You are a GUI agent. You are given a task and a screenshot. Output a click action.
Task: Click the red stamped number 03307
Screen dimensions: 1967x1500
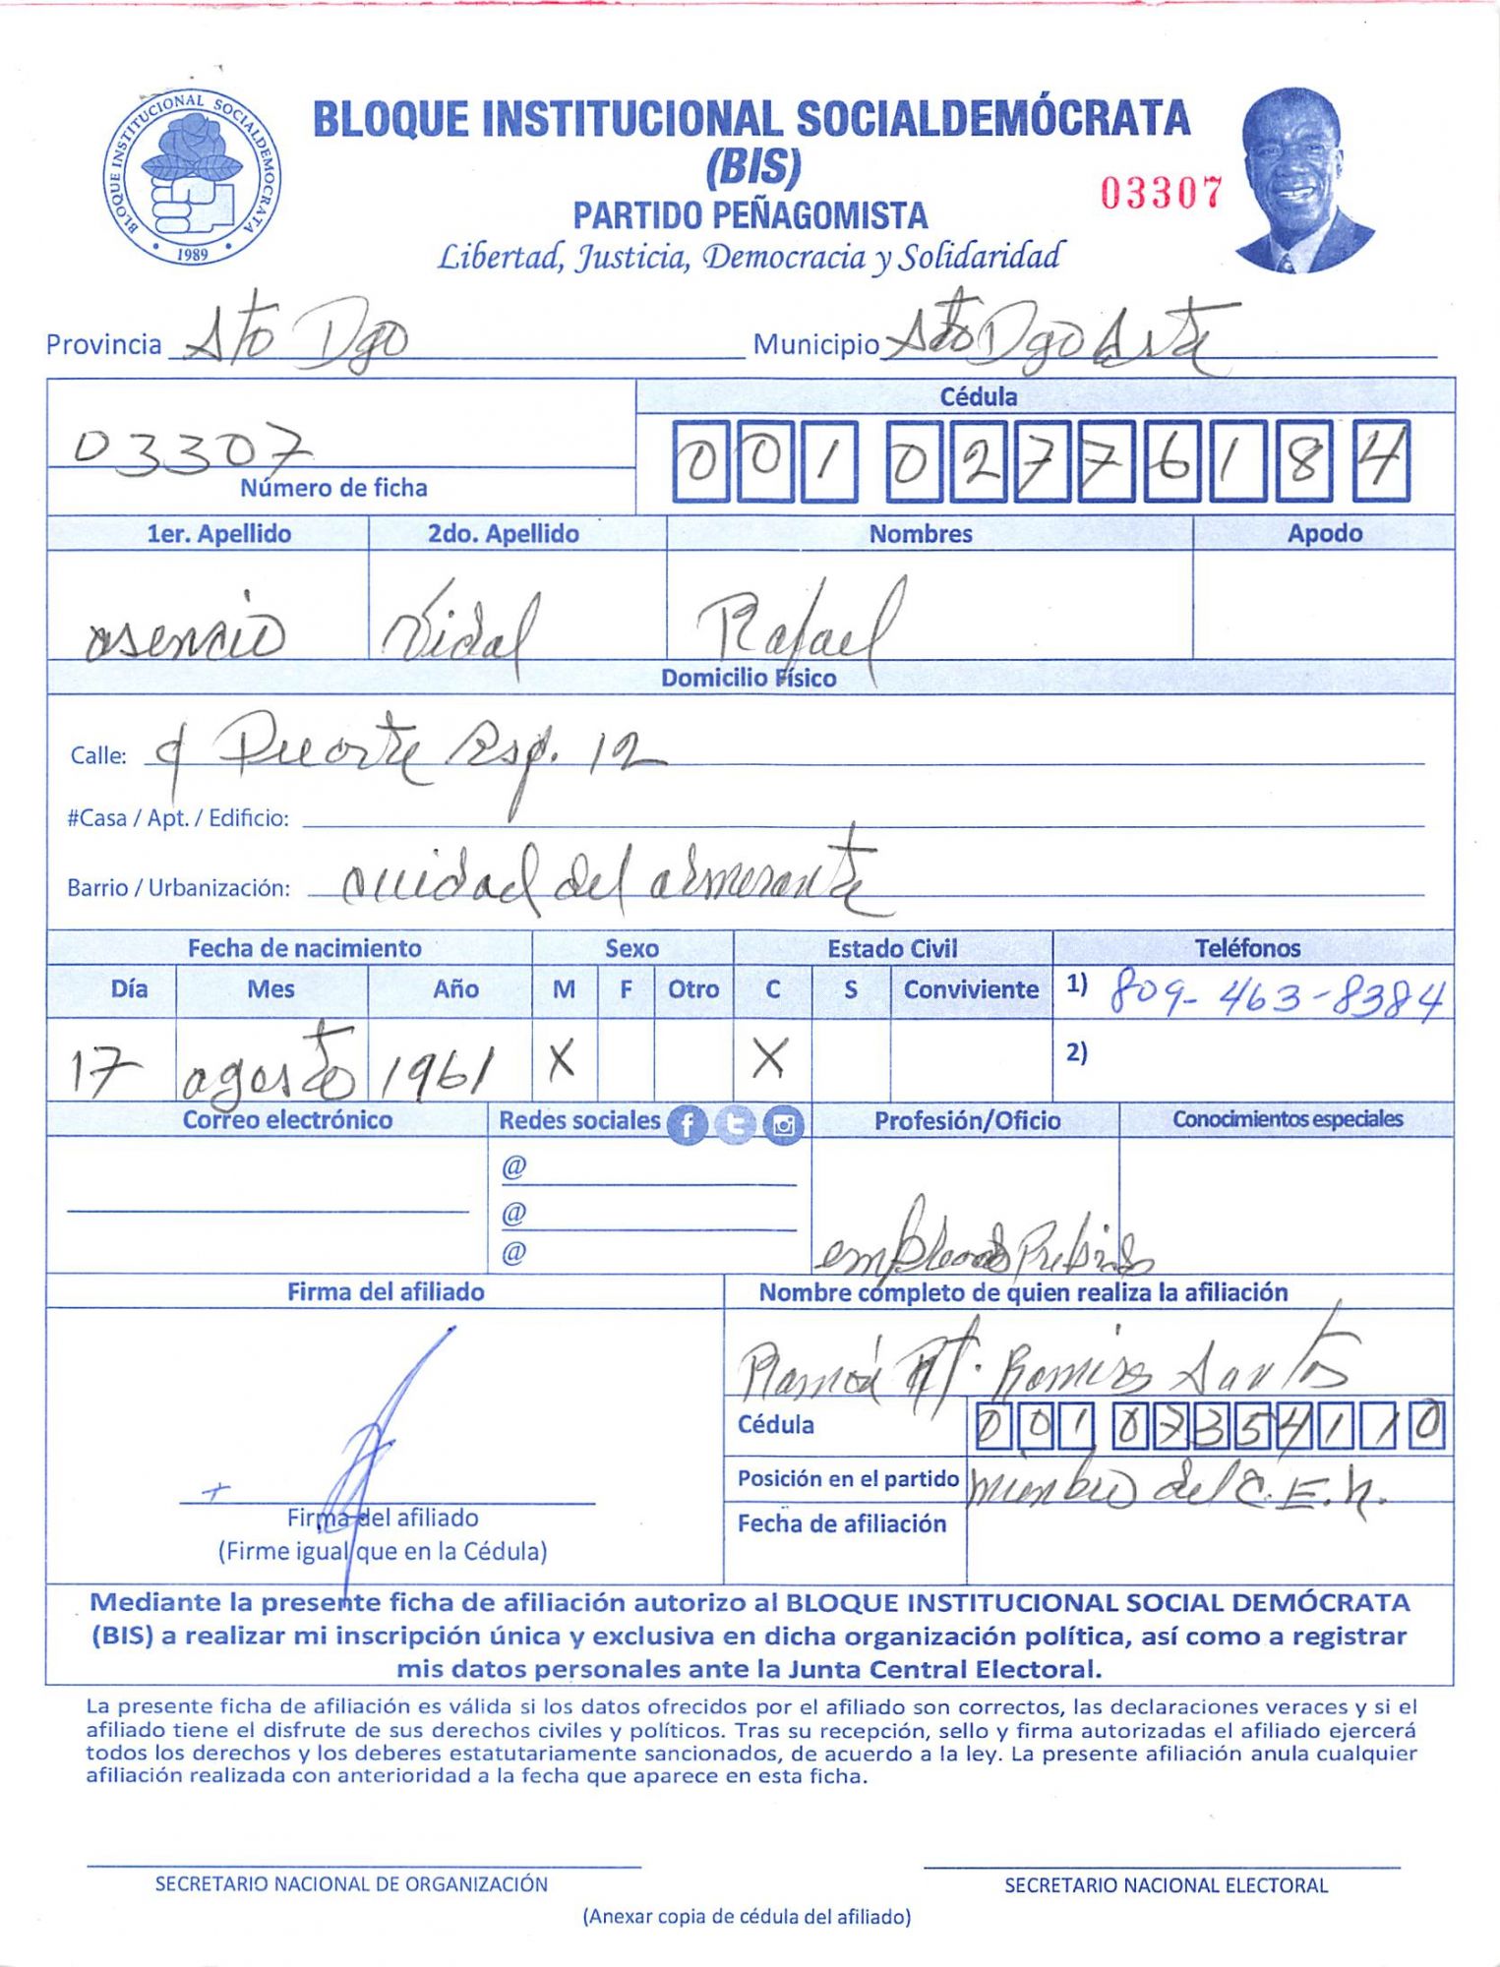(1161, 193)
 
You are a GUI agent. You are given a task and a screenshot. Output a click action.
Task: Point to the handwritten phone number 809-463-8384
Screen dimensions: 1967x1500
(1277, 998)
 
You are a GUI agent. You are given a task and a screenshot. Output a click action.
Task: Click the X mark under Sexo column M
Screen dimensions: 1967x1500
(562, 1060)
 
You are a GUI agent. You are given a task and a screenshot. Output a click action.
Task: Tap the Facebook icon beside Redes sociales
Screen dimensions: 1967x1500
(688, 1124)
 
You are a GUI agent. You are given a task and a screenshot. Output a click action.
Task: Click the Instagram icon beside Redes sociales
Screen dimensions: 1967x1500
(784, 1124)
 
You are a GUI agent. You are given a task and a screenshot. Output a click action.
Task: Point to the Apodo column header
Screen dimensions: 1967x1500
(1324, 534)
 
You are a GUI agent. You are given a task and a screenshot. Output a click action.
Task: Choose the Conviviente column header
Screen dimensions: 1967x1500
(971, 989)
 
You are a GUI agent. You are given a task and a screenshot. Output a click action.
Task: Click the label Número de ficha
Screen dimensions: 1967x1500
(333, 488)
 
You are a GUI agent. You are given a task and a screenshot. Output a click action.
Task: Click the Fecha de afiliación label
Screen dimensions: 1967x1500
(842, 1523)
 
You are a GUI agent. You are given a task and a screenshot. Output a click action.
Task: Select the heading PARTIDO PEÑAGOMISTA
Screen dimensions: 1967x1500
(750, 215)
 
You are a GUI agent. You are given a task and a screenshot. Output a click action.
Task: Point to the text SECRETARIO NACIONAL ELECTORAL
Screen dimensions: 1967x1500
(1166, 1885)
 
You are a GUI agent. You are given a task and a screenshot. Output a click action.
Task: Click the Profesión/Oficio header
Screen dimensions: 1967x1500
(967, 1121)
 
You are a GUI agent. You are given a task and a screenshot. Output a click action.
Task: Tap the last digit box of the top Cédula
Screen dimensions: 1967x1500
(1382, 461)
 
